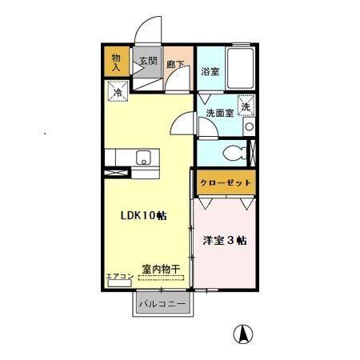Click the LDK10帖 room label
click(x=143, y=216)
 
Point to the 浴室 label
click(x=210, y=70)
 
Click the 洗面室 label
click(x=219, y=114)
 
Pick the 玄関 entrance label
click(x=147, y=61)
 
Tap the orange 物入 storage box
click(x=117, y=62)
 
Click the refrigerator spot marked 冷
click(x=117, y=93)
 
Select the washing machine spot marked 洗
click(x=246, y=106)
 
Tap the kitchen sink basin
click(x=144, y=156)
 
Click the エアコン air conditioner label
click(x=118, y=276)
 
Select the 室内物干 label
click(x=160, y=268)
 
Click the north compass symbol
click(x=240, y=334)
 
